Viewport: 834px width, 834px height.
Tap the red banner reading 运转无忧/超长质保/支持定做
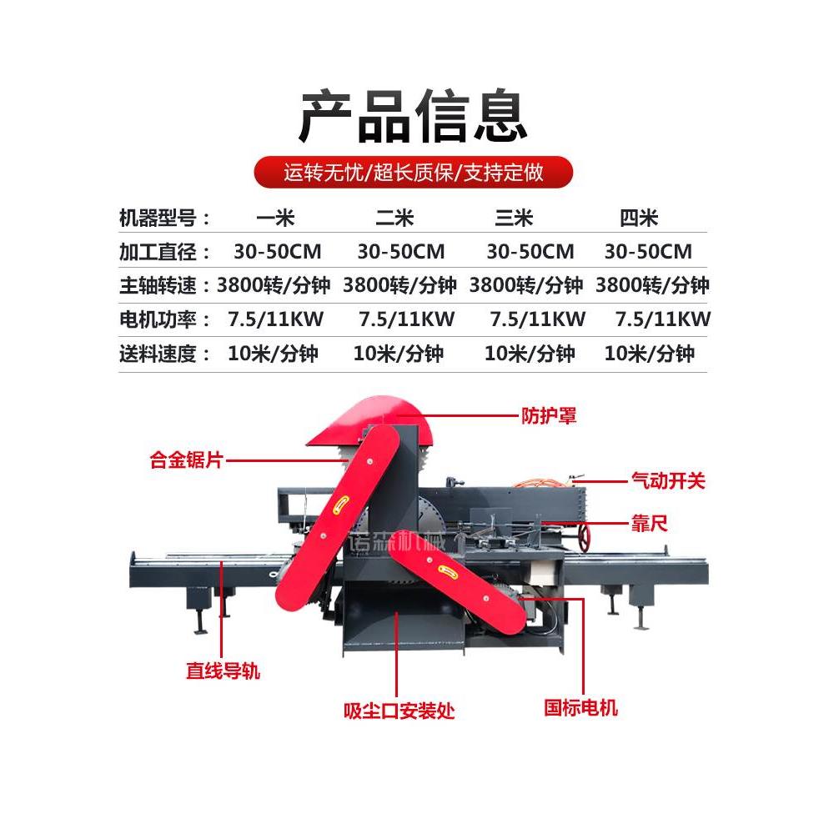click(x=414, y=173)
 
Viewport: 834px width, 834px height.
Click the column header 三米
click(x=514, y=219)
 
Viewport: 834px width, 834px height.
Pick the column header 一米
click(x=275, y=219)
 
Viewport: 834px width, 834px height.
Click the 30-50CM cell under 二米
click(x=401, y=251)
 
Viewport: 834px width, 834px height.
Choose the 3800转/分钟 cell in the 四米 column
click(x=652, y=285)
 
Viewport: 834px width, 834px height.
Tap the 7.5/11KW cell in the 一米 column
click(x=275, y=319)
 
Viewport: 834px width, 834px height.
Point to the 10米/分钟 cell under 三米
click(x=530, y=353)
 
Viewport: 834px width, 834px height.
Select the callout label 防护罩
click(x=549, y=415)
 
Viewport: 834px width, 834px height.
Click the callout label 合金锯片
click(x=186, y=460)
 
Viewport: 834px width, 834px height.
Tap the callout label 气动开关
click(x=667, y=480)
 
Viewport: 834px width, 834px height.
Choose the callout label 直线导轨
click(x=223, y=670)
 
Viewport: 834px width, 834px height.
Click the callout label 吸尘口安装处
click(x=399, y=711)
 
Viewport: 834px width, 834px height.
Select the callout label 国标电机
click(x=581, y=708)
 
